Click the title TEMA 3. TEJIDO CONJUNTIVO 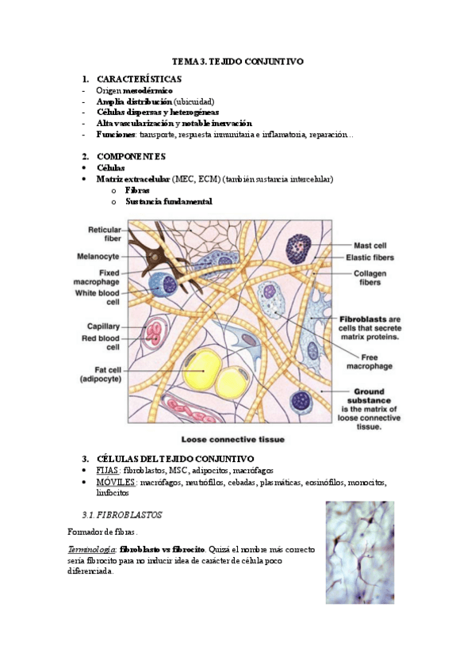point(238,61)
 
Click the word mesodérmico point(148,90)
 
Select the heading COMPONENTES point(131,156)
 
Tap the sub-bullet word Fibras point(137,190)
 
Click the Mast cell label point(370,246)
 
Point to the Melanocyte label point(98,256)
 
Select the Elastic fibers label point(370,258)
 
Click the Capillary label point(103,326)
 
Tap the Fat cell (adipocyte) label point(102,374)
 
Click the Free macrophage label point(370,361)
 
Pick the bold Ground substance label point(369,396)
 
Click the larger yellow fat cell point(202,368)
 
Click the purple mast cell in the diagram point(298,248)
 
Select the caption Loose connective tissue point(233,439)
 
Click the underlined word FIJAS point(107,470)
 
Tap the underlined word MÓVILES point(115,482)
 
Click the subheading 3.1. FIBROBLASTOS point(122,515)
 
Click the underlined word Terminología point(92,549)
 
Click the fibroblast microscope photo point(360,552)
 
